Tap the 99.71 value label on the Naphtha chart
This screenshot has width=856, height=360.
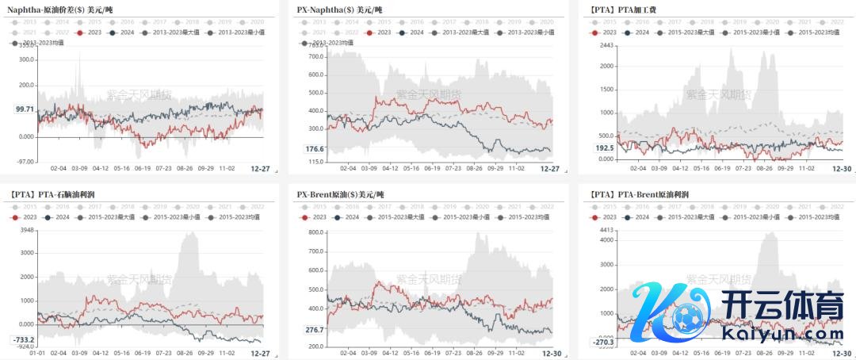[x=25, y=109]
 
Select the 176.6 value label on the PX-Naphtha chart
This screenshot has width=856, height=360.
[x=315, y=149]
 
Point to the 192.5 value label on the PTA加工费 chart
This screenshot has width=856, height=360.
[x=605, y=148]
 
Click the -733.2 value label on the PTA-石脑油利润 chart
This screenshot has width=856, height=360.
[x=23, y=339]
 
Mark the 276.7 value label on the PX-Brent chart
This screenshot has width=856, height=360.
[x=315, y=329]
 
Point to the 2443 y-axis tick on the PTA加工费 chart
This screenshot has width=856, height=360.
[x=607, y=45]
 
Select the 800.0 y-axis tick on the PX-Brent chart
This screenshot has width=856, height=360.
[x=316, y=232]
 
